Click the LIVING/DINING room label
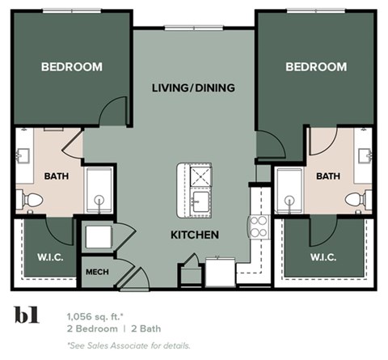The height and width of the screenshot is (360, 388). coord(193,87)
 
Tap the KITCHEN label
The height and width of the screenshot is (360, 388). coord(194,235)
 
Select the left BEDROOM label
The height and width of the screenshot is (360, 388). coord(72,66)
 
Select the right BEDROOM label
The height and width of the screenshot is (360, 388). coord(316,66)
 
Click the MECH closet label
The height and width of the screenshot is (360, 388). coord(97,272)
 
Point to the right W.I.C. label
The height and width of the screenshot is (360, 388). coord(328,258)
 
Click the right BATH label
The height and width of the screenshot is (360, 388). coord(327,175)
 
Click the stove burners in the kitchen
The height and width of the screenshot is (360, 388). coord(259,224)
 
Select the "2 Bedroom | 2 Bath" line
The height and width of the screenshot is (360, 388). coord(119,329)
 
